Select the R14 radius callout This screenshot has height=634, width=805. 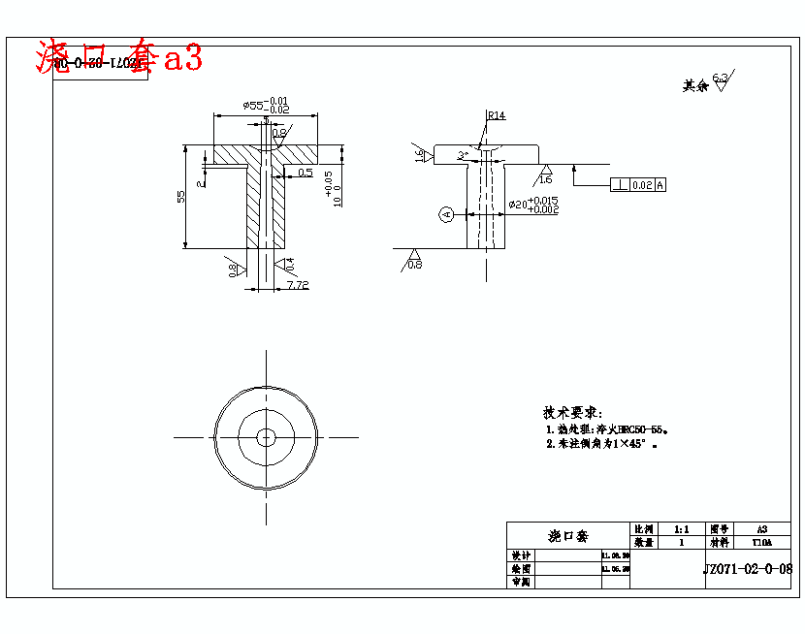496,115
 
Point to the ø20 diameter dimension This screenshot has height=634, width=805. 532,205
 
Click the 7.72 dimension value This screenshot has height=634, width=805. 297,285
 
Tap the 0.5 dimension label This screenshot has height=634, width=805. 305,173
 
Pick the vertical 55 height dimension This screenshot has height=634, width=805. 180,197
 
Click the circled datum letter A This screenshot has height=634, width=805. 446,213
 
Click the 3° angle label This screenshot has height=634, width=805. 464,154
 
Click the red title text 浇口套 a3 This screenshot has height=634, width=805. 118,58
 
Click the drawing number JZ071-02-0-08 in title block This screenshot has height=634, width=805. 747,569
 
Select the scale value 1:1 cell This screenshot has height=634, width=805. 681,530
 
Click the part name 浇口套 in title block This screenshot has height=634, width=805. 567,536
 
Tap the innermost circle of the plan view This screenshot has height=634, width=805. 266,437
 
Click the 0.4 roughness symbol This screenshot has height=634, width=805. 287,263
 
